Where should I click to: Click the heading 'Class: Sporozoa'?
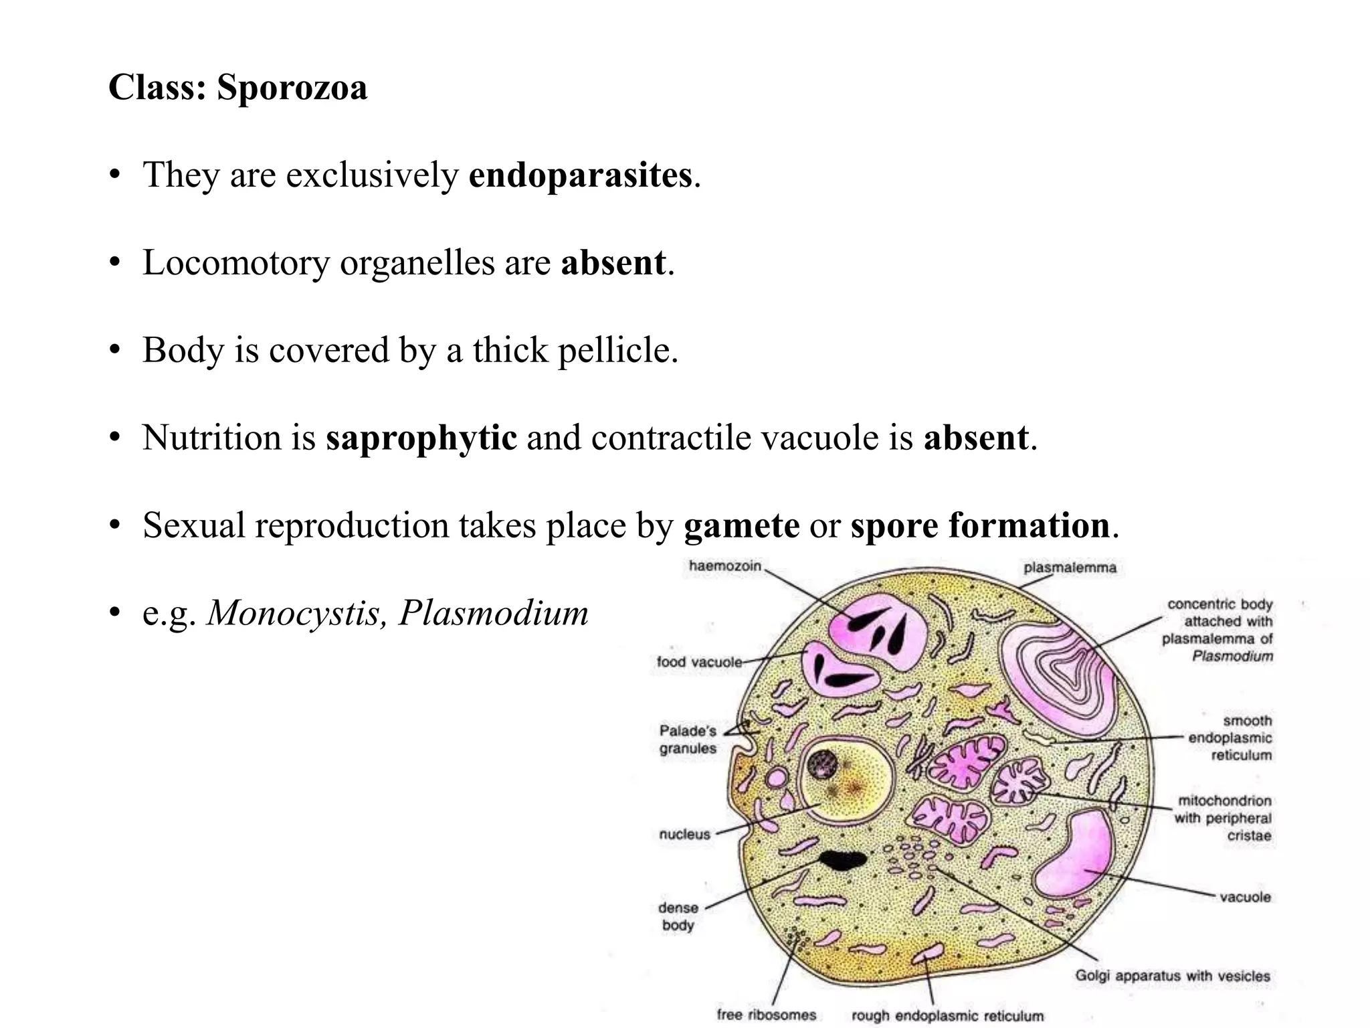click(237, 88)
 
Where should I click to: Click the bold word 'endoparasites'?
click(580, 175)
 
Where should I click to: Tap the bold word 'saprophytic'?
click(421, 438)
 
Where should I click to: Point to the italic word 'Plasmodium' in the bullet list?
click(493, 612)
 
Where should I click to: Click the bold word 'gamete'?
click(741, 525)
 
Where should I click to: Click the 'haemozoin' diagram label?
click(725, 566)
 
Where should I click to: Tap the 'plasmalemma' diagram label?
click(1070, 568)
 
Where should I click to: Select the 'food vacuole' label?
click(699, 662)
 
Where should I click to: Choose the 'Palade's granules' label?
click(688, 740)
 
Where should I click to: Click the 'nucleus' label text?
click(684, 834)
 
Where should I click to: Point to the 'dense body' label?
click(678, 916)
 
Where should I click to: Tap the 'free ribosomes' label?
click(766, 1015)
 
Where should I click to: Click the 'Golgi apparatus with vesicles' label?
click(1172, 976)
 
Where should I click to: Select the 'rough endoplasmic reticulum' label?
click(947, 1016)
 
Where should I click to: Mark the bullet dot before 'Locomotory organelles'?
click(115, 263)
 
